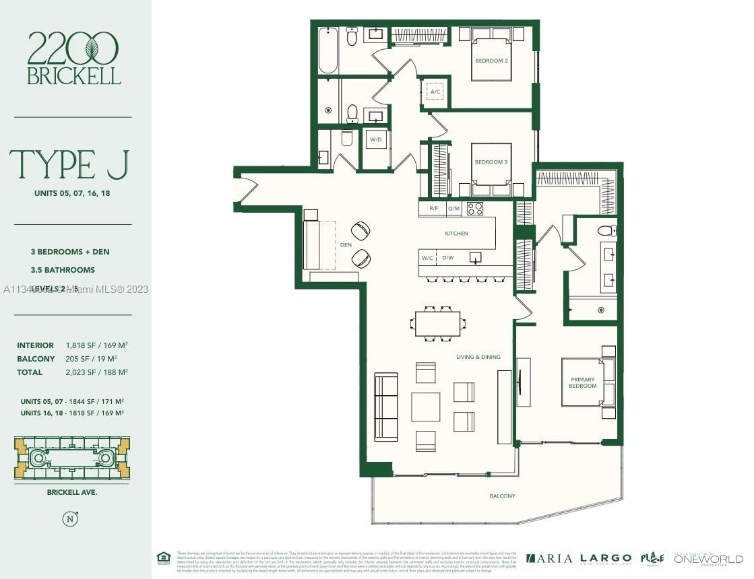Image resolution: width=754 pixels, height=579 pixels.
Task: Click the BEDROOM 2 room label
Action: (x=491, y=61)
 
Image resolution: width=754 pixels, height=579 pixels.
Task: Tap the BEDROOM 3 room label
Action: (x=491, y=162)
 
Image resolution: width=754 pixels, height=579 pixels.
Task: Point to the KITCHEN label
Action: (x=456, y=234)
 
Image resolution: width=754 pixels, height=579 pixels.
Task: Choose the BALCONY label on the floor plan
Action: (x=502, y=496)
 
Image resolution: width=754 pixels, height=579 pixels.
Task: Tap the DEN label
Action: (x=346, y=245)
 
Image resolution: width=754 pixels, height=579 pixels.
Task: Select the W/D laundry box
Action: (x=375, y=140)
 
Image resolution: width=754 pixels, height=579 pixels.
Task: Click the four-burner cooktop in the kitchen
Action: (x=475, y=208)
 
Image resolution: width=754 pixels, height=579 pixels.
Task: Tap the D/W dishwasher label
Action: (x=448, y=257)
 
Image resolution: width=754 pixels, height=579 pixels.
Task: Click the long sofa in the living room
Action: (x=386, y=406)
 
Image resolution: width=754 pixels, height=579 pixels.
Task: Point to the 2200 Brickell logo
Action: (x=73, y=59)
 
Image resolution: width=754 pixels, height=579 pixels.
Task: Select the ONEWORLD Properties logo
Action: (x=708, y=558)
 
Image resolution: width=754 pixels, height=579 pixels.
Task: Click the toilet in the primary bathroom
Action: (x=605, y=231)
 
